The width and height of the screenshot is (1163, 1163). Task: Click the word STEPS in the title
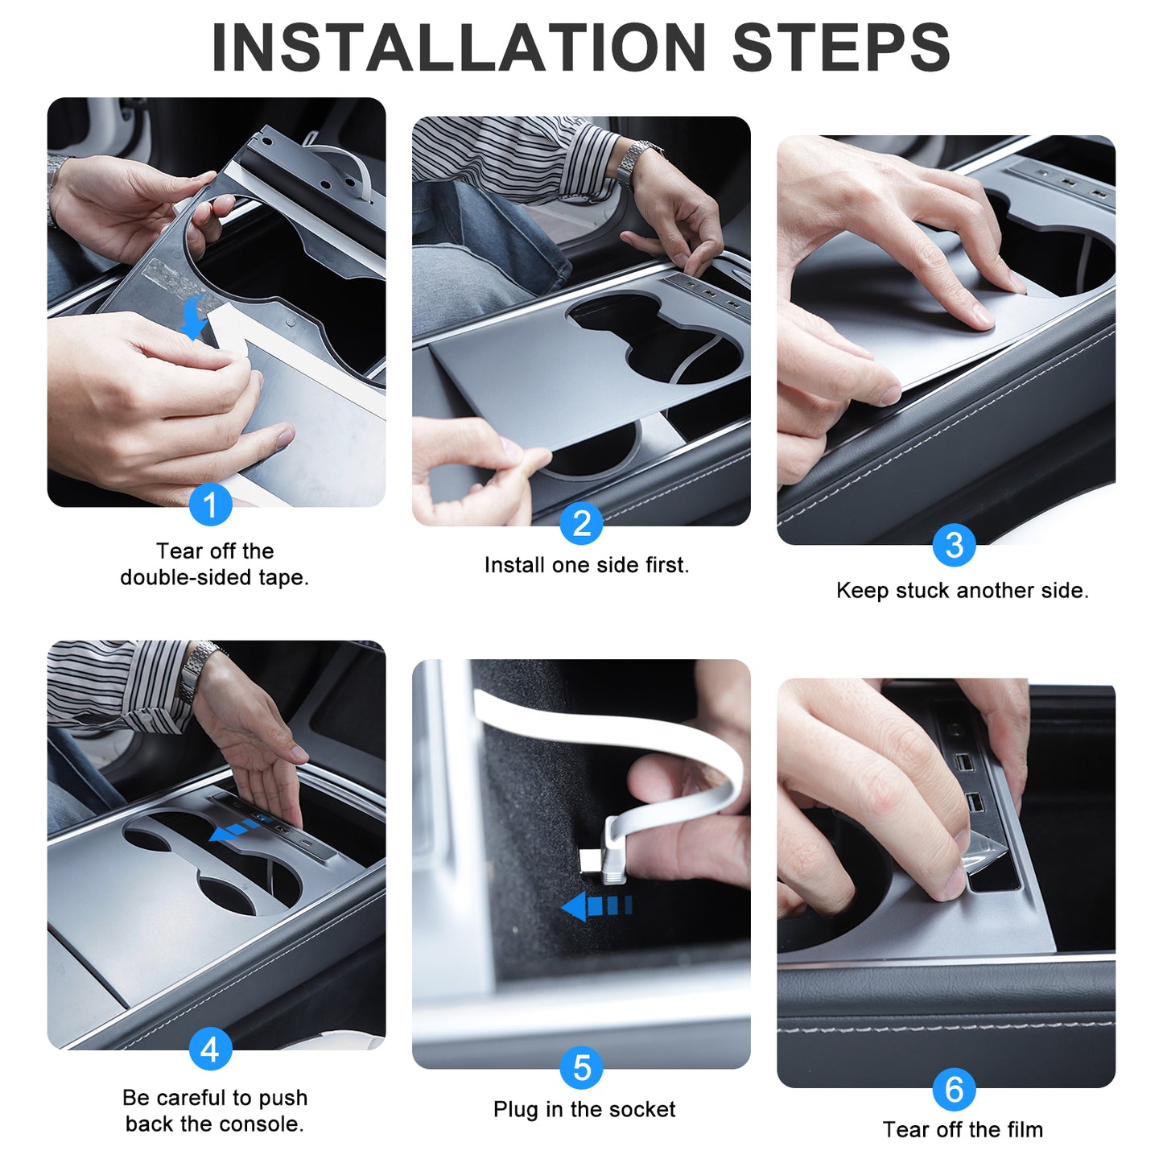click(x=841, y=47)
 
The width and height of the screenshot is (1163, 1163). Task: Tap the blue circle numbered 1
click(x=210, y=505)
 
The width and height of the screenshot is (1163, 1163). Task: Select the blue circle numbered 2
click(x=580, y=522)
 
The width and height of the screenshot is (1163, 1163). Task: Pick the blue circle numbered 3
click(x=954, y=545)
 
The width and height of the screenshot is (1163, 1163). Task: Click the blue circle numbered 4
click(x=210, y=1049)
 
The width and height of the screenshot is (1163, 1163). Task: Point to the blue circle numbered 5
click(x=580, y=1068)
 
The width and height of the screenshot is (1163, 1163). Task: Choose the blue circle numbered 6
click(x=954, y=1089)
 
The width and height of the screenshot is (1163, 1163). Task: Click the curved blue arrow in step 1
click(x=194, y=318)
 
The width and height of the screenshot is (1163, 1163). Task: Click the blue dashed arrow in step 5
click(x=596, y=906)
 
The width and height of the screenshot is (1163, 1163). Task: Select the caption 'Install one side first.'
click(x=587, y=566)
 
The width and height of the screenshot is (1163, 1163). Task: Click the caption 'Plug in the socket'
click(x=584, y=1109)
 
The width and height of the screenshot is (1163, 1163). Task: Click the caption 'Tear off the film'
click(x=963, y=1129)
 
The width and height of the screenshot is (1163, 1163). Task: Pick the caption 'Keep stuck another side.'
click(x=963, y=590)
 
